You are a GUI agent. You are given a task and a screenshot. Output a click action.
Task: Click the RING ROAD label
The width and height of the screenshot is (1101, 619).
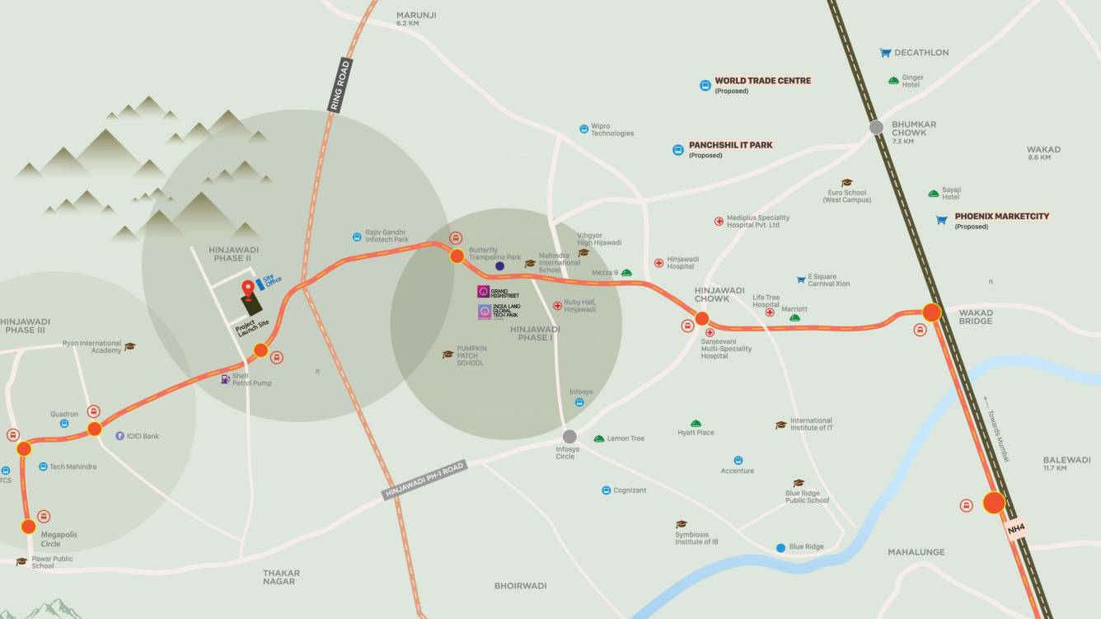click(339, 85)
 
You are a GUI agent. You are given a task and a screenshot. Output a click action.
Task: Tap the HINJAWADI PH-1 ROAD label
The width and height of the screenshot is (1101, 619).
click(424, 479)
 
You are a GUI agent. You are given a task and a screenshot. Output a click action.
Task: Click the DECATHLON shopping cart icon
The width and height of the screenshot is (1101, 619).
click(885, 53)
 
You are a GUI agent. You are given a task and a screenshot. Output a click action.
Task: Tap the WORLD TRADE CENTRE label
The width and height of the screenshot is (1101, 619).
click(762, 81)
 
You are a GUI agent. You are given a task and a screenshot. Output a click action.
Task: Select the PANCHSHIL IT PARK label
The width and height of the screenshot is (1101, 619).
click(730, 145)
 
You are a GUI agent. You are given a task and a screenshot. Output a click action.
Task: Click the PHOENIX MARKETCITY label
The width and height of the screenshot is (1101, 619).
click(1001, 217)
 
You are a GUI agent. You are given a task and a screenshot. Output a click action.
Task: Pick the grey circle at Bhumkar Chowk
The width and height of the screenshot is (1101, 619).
click(876, 127)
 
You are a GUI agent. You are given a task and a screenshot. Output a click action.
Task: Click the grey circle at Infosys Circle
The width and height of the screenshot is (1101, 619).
click(569, 436)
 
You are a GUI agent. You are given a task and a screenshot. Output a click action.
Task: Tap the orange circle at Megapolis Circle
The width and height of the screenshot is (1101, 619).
click(29, 526)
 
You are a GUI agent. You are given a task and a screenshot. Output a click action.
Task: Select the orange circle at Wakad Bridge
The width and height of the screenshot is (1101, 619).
click(931, 312)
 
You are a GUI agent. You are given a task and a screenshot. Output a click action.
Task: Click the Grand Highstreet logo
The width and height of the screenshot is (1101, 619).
click(484, 292)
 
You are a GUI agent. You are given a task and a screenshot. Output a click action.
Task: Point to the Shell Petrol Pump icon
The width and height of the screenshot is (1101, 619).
click(225, 378)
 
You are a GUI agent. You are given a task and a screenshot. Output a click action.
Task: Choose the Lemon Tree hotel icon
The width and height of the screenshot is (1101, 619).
click(599, 438)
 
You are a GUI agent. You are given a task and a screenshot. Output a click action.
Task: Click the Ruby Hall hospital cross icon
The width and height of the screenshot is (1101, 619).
click(557, 306)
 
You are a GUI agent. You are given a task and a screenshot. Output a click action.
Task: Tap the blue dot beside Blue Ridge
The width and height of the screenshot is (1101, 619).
click(780, 547)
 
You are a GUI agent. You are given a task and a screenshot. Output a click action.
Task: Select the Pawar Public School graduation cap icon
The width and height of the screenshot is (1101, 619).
click(21, 562)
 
